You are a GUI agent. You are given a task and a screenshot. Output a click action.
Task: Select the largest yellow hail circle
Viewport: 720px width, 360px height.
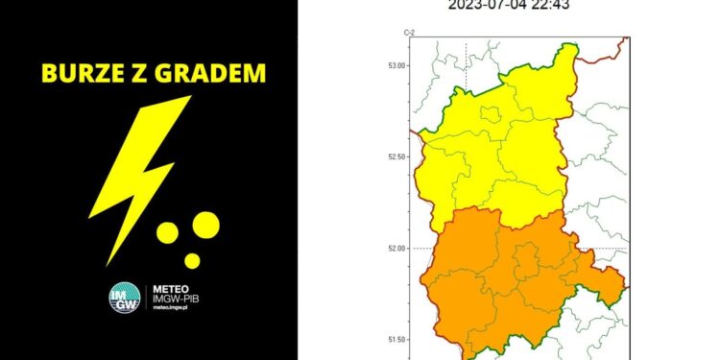[205, 227]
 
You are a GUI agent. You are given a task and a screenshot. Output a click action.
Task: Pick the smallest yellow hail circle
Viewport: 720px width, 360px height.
[192, 260]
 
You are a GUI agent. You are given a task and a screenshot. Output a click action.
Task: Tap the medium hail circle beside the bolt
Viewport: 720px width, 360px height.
[168, 233]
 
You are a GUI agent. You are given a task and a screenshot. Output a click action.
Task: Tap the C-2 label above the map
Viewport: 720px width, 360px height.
[409, 33]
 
